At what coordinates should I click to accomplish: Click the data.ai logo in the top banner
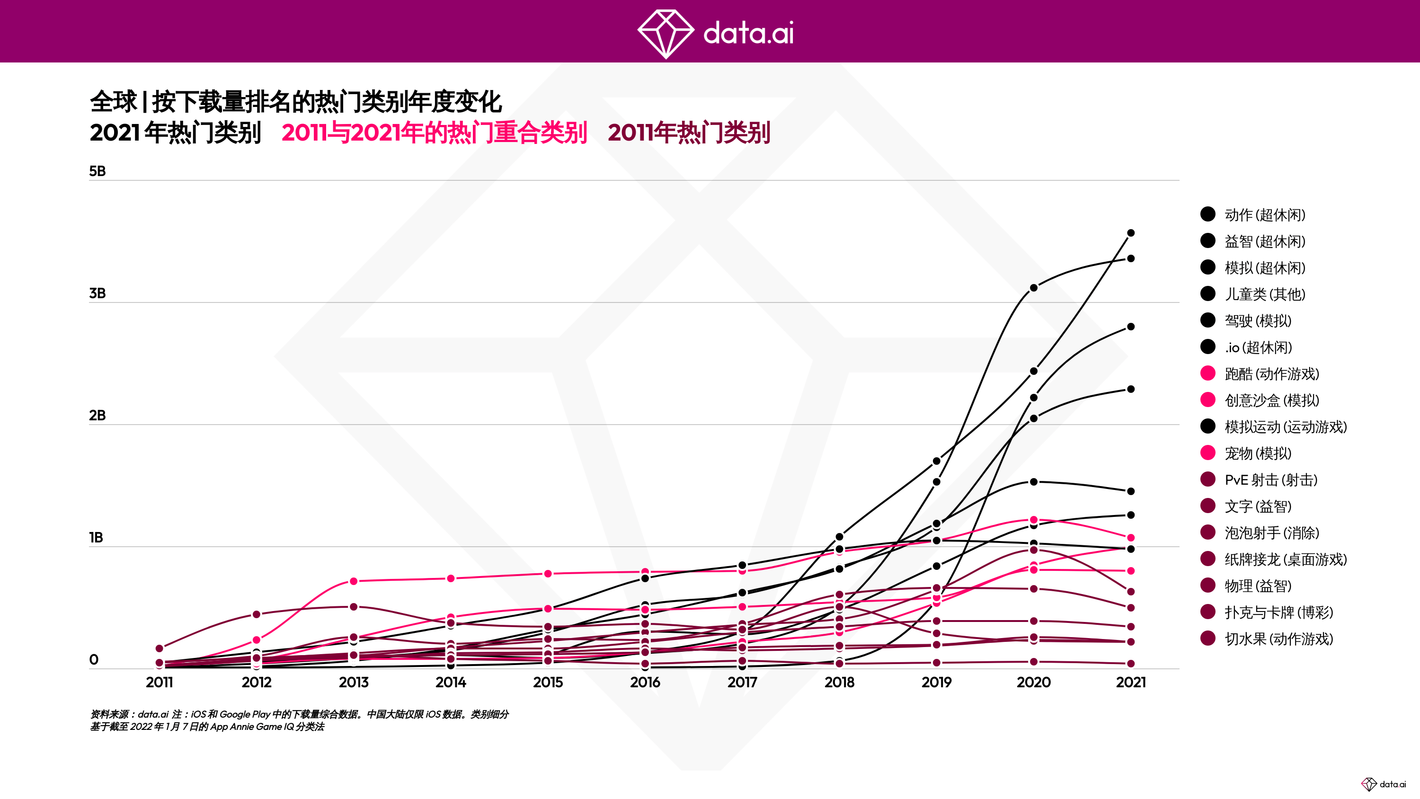pyautogui.click(x=716, y=33)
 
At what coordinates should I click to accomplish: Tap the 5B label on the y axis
pyautogui.click(x=97, y=171)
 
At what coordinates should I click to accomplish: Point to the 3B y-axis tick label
pyautogui.click(x=97, y=293)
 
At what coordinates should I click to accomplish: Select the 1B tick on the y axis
pyautogui.click(x=96, y=538)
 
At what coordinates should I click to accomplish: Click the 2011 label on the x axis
pyautogui.click(x=160, y=683)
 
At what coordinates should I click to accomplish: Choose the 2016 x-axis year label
pyautogui.click(x=645, y=683)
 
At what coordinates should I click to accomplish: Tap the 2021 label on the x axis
pyautogui.click(x=1131, y=683)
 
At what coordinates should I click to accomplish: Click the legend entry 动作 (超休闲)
pyautogui.click(x=1265, y=214)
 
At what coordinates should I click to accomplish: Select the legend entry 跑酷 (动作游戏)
pyautogui.click(x=1271, y=374)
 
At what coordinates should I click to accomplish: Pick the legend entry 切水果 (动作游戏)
pyautogui.click(x=1278, y=639)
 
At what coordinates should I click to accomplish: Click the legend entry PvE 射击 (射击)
pyautogui.click(x=1270, y=479)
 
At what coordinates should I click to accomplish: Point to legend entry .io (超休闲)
pyautogui.click(x=1258, y=347)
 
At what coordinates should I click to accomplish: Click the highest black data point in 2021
pyautogui.click(x=1131, y=233)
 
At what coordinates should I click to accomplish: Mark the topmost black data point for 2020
pyautogui.click(x=1034, y=288)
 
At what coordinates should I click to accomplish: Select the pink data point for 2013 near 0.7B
pyautogui.click(x=354, y=581)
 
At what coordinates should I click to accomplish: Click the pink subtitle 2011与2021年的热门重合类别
pyautogui.click(x=434, y=133)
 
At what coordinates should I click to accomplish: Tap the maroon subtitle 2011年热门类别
pyautogui.click(x=689, y=133)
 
